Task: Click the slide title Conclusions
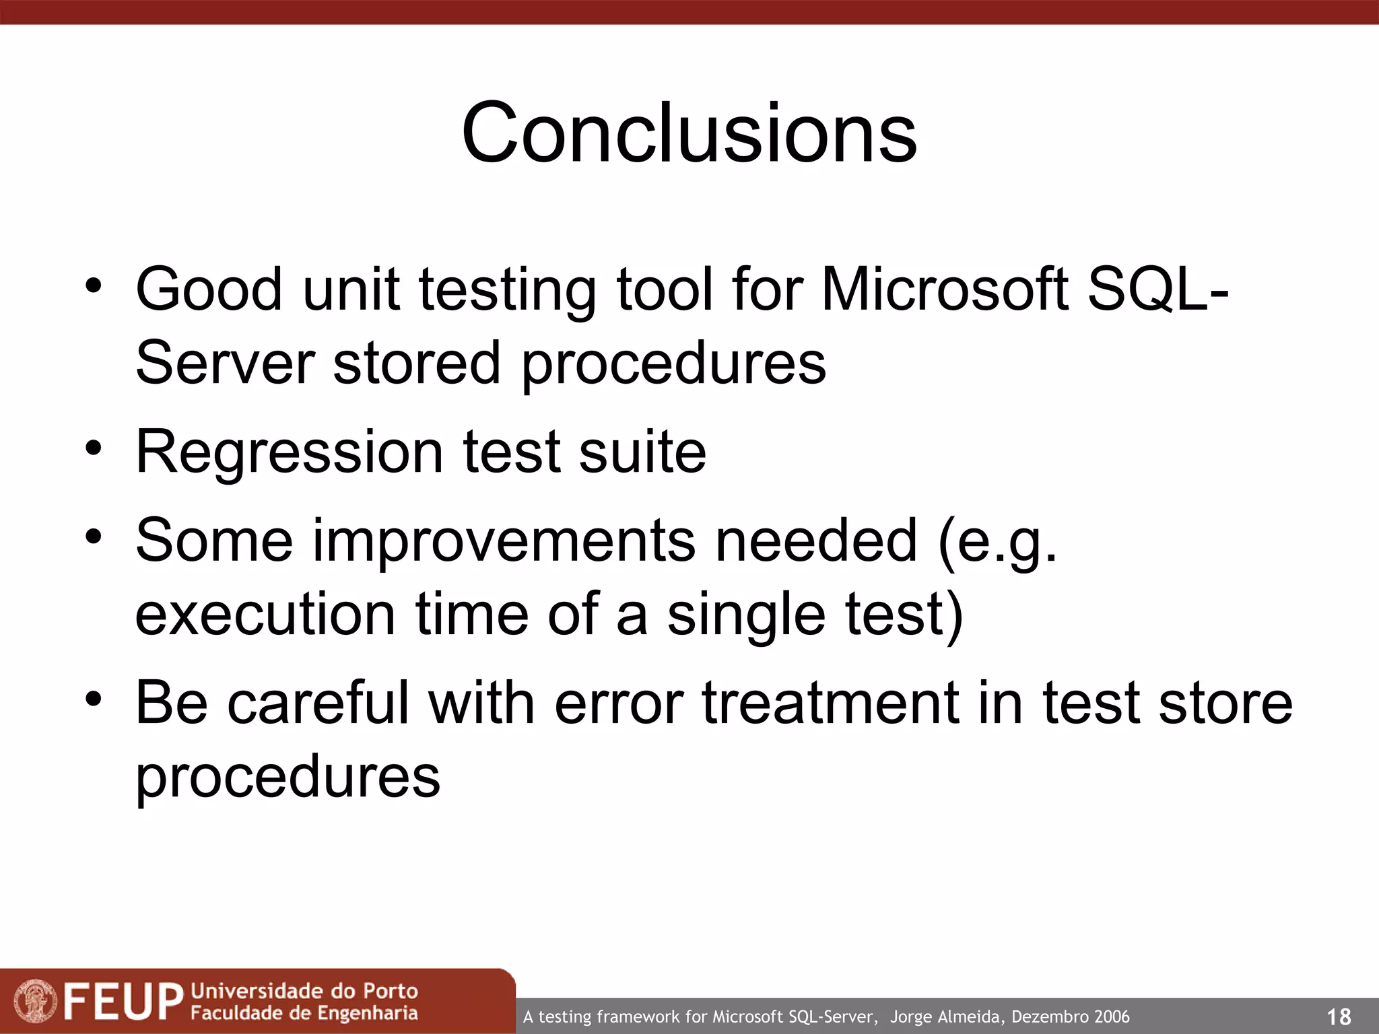coord(689,133)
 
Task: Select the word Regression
coord(289,452)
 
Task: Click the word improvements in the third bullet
coord(504,541)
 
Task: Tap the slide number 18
coord(1338,1016)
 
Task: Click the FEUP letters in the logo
coord(124,1001)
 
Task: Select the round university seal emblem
coord(36,1001)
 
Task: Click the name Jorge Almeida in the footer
coord(947,1016)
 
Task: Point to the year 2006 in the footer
coord(1112,1016)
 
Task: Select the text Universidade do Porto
coord(304,991)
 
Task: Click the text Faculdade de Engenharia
coord(304,1013)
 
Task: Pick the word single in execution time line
coord(746,615)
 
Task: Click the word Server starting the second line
coord(225,364)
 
